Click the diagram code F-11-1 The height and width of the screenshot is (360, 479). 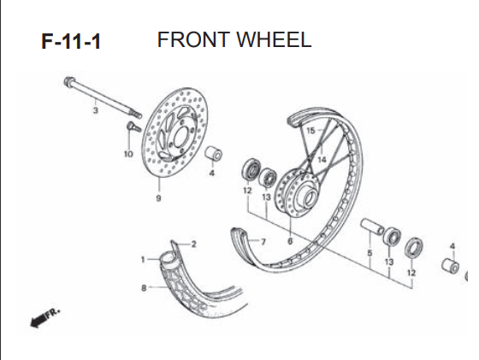click(71, 42)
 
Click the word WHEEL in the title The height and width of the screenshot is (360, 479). click(274, 39)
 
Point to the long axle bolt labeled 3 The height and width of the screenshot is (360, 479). click(103, 97)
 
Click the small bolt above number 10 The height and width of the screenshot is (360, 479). click(133, 127)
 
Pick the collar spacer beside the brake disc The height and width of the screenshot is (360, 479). click(213, 153)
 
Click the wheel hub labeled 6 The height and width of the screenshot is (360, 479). click(297, 193)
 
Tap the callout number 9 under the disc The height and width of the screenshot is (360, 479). click(158, 198)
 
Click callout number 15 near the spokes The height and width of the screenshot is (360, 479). click(310, 131)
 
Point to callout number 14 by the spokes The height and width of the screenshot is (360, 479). click(322, 159)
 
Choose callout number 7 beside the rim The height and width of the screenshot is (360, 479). click(263, 242)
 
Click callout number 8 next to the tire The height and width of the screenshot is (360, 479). click(144, 288)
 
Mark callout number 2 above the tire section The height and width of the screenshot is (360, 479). click(193, 245)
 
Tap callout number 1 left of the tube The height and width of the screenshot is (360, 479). click(143, 260)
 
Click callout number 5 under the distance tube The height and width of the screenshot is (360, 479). click(370, 253)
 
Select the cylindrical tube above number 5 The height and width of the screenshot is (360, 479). click(372, 227)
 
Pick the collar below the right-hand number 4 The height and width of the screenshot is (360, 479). click(451, 265)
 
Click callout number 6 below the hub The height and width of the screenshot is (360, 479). click(290, 241)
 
